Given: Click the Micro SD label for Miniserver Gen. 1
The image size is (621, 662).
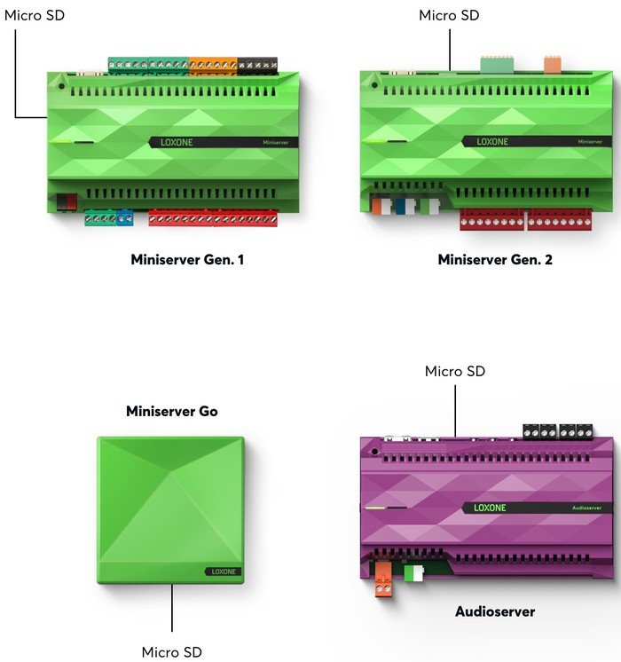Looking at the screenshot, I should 35,15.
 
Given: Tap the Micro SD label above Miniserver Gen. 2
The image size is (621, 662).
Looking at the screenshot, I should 449,15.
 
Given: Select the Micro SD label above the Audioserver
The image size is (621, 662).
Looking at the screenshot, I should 455,371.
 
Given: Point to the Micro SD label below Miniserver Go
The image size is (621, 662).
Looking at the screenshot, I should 172,652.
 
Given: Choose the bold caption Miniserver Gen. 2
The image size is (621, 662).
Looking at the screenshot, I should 495,260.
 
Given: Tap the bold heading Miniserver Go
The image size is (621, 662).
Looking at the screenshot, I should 172,411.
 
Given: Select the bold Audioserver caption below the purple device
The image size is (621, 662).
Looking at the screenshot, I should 495,611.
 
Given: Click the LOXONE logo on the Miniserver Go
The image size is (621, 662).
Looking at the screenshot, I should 223,571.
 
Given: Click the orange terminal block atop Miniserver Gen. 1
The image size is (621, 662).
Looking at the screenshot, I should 213,65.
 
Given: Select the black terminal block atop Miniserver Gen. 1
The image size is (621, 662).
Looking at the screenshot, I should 257,65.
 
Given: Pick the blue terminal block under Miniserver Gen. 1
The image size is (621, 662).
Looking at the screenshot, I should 124,217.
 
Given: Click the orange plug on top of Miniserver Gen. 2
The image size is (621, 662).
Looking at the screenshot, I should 552,63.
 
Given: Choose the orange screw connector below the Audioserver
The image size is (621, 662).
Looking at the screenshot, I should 383,579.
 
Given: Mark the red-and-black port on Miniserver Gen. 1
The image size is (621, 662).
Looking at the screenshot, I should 67,201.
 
